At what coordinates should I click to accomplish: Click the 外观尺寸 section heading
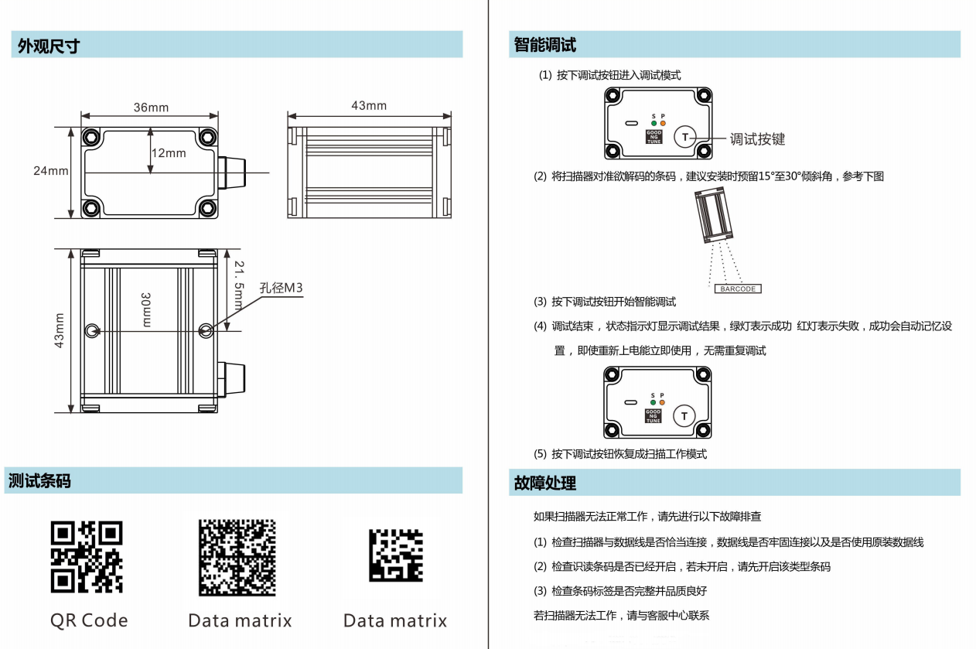point(49,46)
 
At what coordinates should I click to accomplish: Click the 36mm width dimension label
point(151,108)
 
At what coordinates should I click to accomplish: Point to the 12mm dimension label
point(169,153)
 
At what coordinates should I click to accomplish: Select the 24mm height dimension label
point(51,171)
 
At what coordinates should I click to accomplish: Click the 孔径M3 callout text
point(281,288)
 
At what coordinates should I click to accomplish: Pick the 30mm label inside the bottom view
point(146,309)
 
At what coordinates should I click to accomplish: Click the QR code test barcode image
point(87,557)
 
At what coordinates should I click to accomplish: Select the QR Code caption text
point(89,620)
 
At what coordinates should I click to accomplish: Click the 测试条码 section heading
point(39,480)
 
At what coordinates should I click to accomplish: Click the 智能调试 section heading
point(545,45)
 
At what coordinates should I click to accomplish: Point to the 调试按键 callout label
point(757,139)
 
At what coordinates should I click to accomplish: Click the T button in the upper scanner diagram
point(684,137)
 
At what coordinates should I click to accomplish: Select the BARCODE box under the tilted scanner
point(737,289)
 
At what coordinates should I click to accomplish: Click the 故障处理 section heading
point(545,483)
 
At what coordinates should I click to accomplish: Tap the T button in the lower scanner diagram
point(684,417)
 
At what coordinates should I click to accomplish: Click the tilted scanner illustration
point(715,217)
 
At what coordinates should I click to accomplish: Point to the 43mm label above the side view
point(369,105)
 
